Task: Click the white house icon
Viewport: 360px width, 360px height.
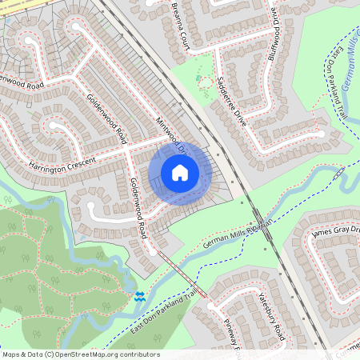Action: [x=180, y=173]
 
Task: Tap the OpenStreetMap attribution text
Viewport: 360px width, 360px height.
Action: [x=80, y=354]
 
